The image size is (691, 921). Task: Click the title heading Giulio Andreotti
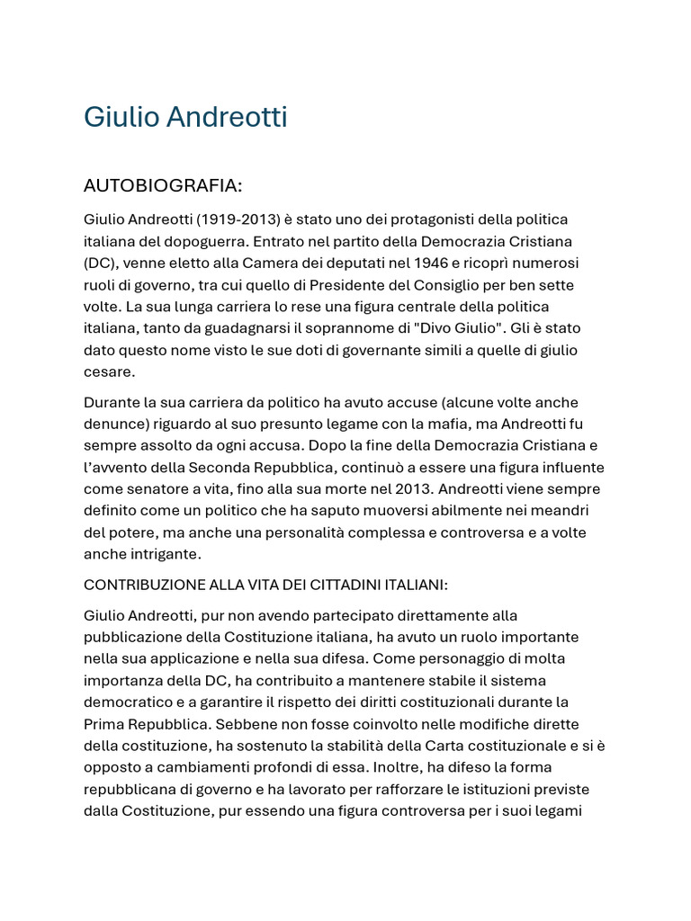pos(185,118)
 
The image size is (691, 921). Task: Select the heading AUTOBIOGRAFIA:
pos(163,186)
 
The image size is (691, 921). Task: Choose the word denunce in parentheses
pos(113,424)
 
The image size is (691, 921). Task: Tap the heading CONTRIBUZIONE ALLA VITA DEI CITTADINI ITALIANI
pos(265,586)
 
